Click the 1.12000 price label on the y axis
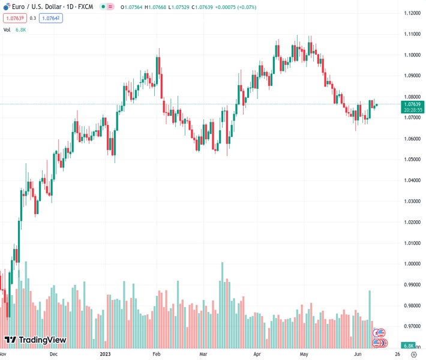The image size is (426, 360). click(x=412, y=13)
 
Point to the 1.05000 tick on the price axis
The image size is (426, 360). click(x=412, y=160)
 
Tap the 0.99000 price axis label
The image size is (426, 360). click(x=412, y=285)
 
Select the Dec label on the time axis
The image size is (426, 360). click(x=53, y=354)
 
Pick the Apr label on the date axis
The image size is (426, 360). click(x=257, y=354)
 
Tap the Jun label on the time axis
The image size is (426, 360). click(x=358, y=354)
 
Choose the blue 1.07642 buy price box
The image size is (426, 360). click(x=51, y=18)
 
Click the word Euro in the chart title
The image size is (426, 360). click(x=19, y=7)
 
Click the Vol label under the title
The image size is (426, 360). click(x=7, y=29)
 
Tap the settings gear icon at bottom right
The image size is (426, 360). click(x=413, y=355)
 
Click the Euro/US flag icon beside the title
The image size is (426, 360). click(x=7, y=7)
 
